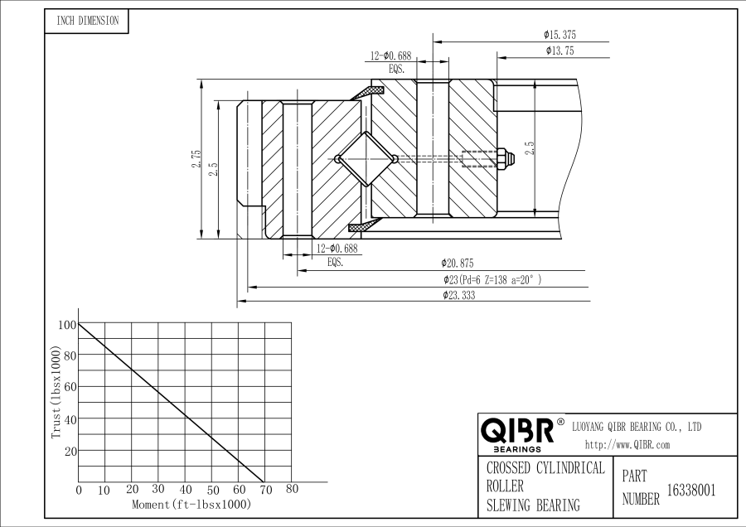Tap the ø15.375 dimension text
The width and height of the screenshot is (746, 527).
[559, 35]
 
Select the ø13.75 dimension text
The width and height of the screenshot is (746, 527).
[559, 51]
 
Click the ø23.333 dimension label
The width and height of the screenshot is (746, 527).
[458, 295]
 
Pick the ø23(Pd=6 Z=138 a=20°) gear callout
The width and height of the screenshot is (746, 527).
[492, 279]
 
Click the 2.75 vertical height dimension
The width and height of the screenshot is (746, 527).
[196, 159]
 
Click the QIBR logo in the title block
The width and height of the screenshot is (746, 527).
[518, 432]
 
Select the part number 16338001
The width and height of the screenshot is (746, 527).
[690, 490]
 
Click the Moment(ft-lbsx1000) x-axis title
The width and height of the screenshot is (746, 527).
[191, 504]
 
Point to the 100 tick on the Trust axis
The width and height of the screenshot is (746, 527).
[66, 325]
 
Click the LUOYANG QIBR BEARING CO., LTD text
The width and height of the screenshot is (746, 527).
[637, 427]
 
